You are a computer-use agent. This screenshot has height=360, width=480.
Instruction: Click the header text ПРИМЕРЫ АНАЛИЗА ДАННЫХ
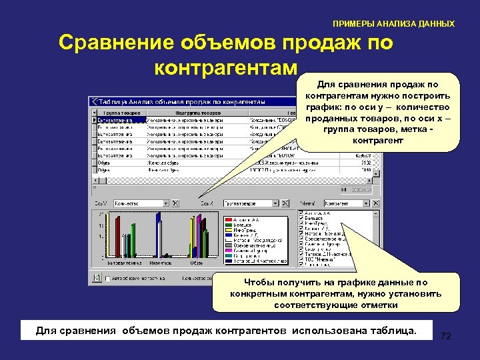pos(393,23)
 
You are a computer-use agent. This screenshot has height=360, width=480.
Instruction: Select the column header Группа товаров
pos(121,113)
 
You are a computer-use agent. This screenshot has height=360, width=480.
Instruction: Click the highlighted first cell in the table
pos(118,120)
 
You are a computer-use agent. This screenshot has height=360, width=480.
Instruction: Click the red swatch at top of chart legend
pos(227,219)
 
